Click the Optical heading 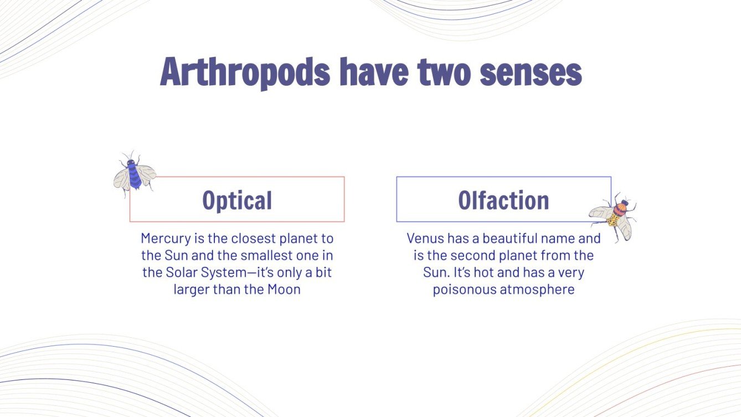click(x=237, y=200)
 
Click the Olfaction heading click(x=503, y=200)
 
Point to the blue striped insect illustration click(x=133, y=173)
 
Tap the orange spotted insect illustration click(x=614, y=217)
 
